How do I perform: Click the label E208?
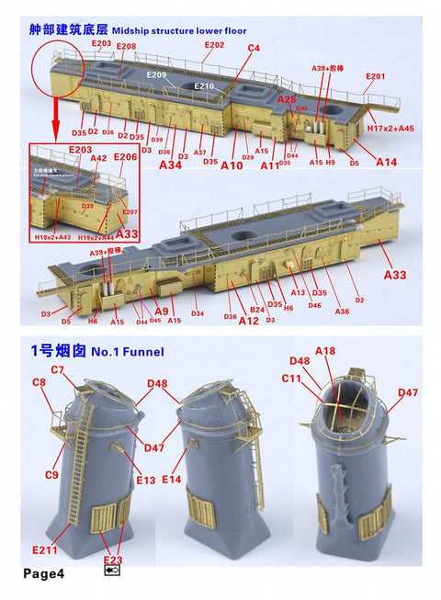[126, 46]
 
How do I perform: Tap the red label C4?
[254, 47]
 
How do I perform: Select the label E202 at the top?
[213, 44]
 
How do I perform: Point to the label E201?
[375, 76]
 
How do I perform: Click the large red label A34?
[171, 165]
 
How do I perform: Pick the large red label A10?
[232, 165]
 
